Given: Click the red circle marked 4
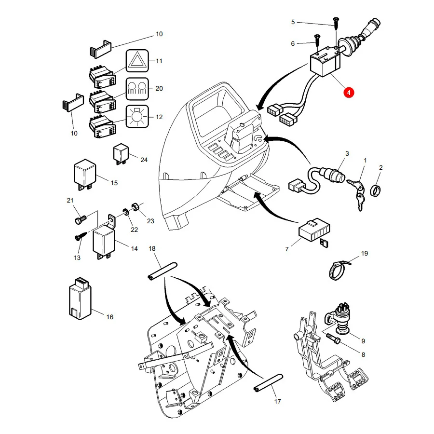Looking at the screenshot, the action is [x=349, y=93].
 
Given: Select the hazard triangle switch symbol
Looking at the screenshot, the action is [x=137, y=61].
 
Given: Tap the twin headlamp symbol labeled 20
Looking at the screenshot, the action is [x=137, y=89].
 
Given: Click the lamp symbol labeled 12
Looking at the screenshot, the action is [x=137, y=117].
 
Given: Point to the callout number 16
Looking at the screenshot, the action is [x=110, y=317].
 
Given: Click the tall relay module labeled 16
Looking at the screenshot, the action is [x=80, y=298].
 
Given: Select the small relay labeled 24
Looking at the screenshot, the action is [x=121, y=154].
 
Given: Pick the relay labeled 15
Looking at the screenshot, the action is [x=85, y=175].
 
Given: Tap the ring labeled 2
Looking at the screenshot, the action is [x=376, y=190].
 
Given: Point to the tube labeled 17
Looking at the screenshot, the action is [x=268, y=383].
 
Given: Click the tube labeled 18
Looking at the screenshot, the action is [x=163, y=271].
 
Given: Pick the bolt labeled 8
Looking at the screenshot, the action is [x=333, y=339].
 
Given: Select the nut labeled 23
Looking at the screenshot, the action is [x=136, y=206].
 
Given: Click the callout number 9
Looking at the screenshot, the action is [x=363, y=341].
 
